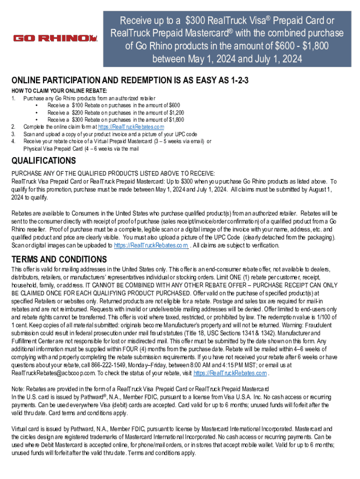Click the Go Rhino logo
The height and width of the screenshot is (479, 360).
[55, 38]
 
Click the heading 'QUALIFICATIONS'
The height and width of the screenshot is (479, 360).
[43, 161]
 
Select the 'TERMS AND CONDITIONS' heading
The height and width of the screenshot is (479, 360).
[59, 259]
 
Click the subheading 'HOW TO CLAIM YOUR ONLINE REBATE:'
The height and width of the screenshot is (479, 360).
[59, 90]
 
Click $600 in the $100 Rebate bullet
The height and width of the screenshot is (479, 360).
[172, 105]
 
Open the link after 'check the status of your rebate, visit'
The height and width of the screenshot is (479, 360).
[230, 373]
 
